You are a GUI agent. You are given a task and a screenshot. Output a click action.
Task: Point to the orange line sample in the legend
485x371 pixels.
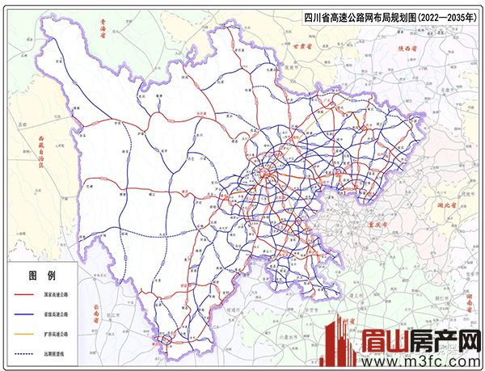click(21, 332)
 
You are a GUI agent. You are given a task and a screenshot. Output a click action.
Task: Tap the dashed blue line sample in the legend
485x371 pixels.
click(21, 351)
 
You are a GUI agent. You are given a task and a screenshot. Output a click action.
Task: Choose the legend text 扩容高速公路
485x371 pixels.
click(58, 332)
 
